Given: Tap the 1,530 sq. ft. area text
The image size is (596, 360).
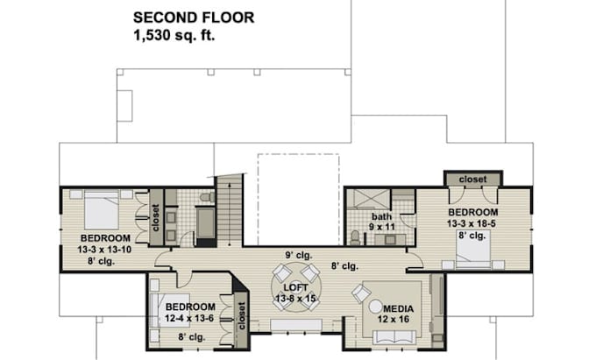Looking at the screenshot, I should coord(174,36).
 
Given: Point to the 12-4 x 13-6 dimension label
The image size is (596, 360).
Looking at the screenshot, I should coord(192,318).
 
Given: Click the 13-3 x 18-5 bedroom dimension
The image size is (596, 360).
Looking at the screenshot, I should coord(473,223).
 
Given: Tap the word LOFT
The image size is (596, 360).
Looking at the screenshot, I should coord(295,287).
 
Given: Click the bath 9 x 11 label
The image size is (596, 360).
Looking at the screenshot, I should coord(381,221).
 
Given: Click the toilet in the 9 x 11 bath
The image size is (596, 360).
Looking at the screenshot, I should coord(354,236).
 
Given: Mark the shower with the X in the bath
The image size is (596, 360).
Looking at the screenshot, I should coord(367,198).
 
